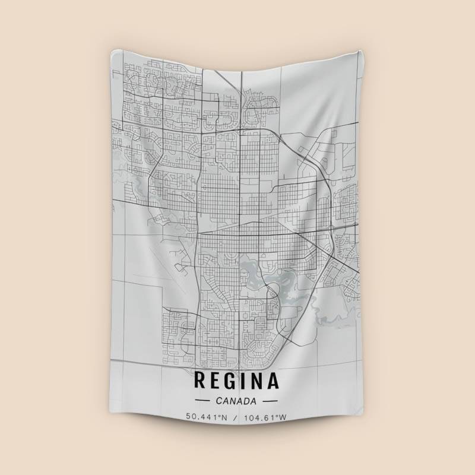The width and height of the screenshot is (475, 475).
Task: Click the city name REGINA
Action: coord(236,381)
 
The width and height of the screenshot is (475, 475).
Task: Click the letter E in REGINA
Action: coord(216,381)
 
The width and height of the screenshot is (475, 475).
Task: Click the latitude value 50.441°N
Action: coord(207,417)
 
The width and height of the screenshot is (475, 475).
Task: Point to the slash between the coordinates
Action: coord(236,417)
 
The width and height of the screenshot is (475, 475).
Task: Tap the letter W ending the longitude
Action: coord(283,417)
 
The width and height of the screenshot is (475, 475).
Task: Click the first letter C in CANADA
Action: coord(220,401)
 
